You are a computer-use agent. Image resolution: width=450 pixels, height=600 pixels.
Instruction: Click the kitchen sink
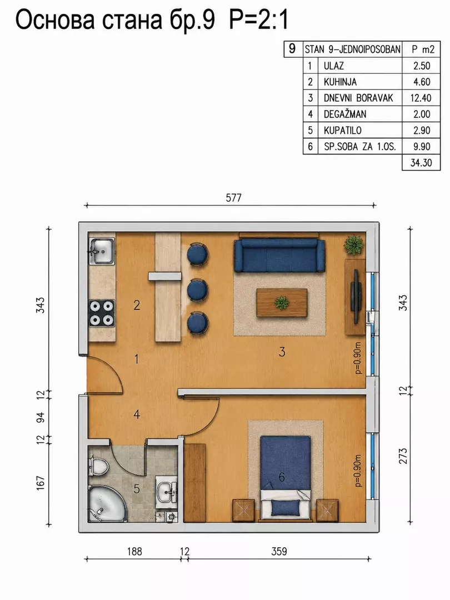click(x=102, y=251)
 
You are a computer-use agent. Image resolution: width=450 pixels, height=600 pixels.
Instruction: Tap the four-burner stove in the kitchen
click(x=102, y=313)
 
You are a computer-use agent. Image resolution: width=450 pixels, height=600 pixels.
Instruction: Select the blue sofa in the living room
click(x=279, y=255)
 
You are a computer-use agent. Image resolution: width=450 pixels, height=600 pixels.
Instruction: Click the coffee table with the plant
click(x=282, y=303)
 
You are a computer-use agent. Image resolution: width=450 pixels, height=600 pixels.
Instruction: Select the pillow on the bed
click(x=286, y=507)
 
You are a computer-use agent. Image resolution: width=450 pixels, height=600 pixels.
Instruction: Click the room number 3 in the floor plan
click(x=282, y=352)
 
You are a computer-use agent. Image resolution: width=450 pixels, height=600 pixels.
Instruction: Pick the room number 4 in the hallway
click(x=137, y=414)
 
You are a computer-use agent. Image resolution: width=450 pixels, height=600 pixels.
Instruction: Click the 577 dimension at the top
click(x=233, y=197)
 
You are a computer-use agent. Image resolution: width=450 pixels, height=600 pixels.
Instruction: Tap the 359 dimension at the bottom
click(x=279, y=552)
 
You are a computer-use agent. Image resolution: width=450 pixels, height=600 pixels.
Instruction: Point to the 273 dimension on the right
click(x=403, y=456)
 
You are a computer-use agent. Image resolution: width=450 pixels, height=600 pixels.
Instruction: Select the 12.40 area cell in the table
click(x=421, y=98)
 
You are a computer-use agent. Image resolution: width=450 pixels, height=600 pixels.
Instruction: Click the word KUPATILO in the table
click(x=342, y=131)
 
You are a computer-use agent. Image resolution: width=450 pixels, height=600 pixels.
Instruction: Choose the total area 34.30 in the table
click(x=421, y=163)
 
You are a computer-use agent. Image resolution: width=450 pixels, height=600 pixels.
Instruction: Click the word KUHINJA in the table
click(x=340, y=82)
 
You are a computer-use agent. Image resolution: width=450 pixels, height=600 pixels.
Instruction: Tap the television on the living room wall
click(x=356, y=296)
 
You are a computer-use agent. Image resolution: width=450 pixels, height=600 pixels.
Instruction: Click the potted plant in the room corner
click(x=354, y=245)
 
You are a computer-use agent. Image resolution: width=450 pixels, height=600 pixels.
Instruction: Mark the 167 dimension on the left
click(x=40, y=483)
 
